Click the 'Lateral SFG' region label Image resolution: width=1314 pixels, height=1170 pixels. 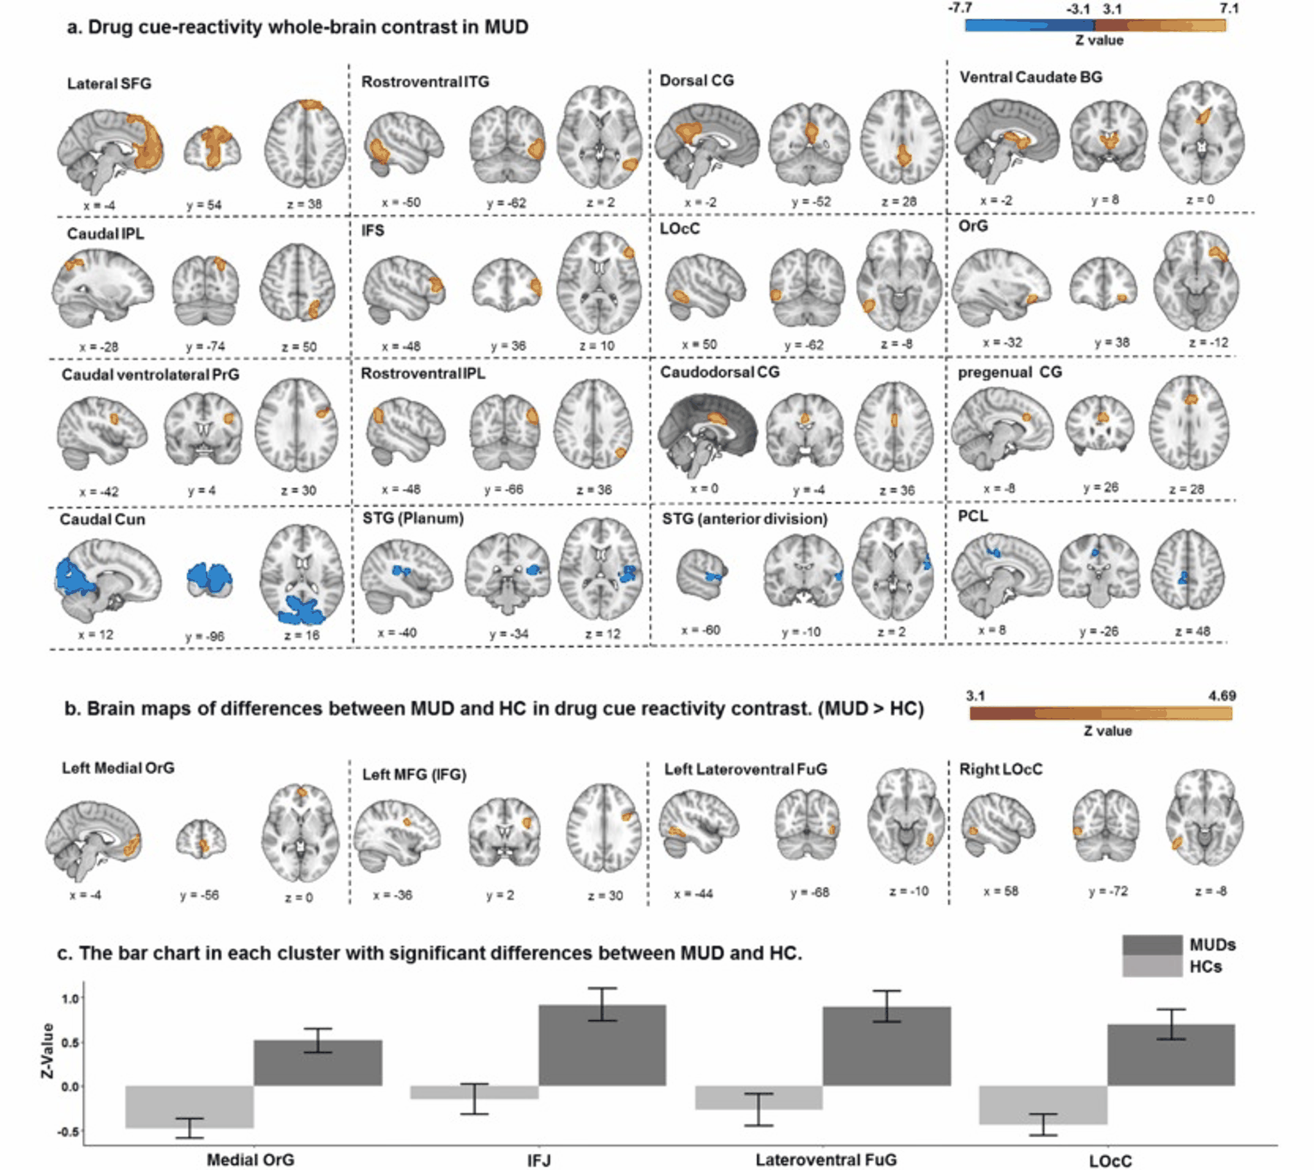pos(109,83)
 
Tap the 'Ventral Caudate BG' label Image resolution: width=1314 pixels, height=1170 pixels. pos(1030,77)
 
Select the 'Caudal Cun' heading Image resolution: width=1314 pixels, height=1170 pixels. pos(102,519)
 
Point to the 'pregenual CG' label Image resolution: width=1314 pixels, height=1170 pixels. pos(1009,372)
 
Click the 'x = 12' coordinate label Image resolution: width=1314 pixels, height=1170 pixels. pos(96,634)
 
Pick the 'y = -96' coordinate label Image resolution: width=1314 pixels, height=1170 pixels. pos(205,636)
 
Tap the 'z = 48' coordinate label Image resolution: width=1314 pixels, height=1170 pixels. pos(1193,631)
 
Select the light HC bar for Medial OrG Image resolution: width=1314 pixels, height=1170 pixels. pos(190,1106)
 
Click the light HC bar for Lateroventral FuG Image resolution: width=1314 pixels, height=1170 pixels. pos(758,1098)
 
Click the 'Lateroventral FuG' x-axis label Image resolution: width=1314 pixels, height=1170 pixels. pos(826,1160)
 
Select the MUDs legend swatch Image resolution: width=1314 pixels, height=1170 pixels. pos(1152,945)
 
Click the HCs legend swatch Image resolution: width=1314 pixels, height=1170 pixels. pos(1152,966)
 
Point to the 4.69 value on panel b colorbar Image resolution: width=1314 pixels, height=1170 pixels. pos(1222,695)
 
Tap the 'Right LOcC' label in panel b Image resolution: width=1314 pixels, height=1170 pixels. pos(1000,769)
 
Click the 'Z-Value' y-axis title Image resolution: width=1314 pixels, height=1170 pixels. pos(47,1051)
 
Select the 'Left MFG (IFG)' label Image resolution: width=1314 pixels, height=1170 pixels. pos(414,774)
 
